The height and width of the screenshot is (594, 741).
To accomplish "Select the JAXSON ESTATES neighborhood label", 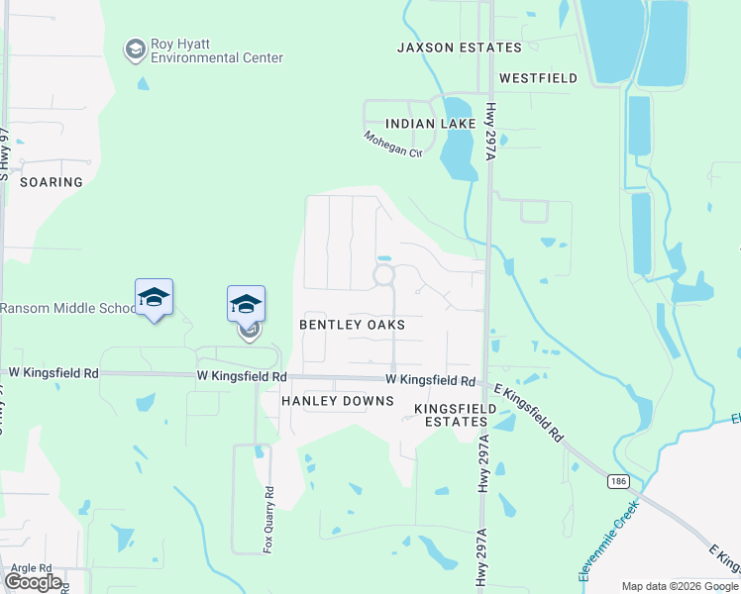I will (x=459, y=48).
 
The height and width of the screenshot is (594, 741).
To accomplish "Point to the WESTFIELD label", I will (x=538, y=77).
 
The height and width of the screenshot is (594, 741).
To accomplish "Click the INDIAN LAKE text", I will (x=431, y=124).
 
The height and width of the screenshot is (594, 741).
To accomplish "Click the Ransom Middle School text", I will (x=67, y=308).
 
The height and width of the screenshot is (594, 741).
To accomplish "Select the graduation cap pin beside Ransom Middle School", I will (x=154, y=297).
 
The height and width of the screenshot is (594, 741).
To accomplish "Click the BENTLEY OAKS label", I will (x=353, y=325).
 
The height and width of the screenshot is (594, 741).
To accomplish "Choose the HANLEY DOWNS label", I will (x=338, y=401).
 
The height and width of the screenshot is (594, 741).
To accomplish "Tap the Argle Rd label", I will (x=33, y=568).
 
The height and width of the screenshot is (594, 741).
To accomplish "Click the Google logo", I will (x=34, y=581).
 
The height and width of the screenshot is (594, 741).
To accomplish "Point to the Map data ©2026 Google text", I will (x=679, y=586).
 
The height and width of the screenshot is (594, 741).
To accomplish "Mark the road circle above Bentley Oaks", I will (x=383, y=274).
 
